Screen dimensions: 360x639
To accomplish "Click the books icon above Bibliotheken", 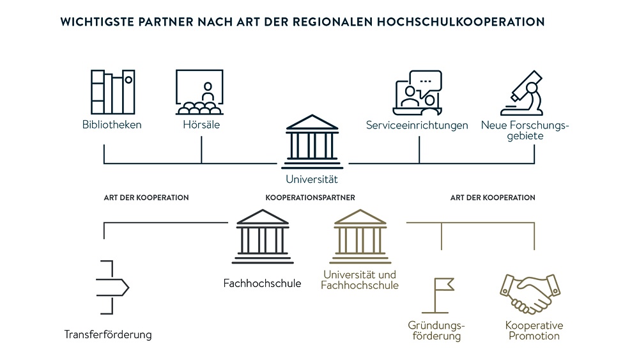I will point(112,91).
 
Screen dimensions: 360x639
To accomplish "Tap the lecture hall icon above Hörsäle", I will point(199,91).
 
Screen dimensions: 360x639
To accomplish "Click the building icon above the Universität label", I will point(311,139).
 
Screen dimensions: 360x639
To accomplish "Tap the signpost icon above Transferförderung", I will point(111,287).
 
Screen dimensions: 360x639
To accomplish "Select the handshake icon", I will point(530,294).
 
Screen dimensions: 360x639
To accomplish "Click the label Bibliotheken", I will point(112,125).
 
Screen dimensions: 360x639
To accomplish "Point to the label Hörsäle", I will point(201,125).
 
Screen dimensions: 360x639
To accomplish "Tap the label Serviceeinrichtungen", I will point(417,125).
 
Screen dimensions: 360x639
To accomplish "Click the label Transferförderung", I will point(108,334).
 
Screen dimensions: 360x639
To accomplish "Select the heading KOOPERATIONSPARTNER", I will point(310,198).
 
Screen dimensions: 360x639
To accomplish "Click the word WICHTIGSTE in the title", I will point(93,22).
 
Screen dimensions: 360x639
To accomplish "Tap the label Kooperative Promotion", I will point(534,331).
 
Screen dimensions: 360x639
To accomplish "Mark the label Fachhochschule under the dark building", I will point(262,283).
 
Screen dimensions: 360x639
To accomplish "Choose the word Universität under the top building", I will point(312,180).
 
